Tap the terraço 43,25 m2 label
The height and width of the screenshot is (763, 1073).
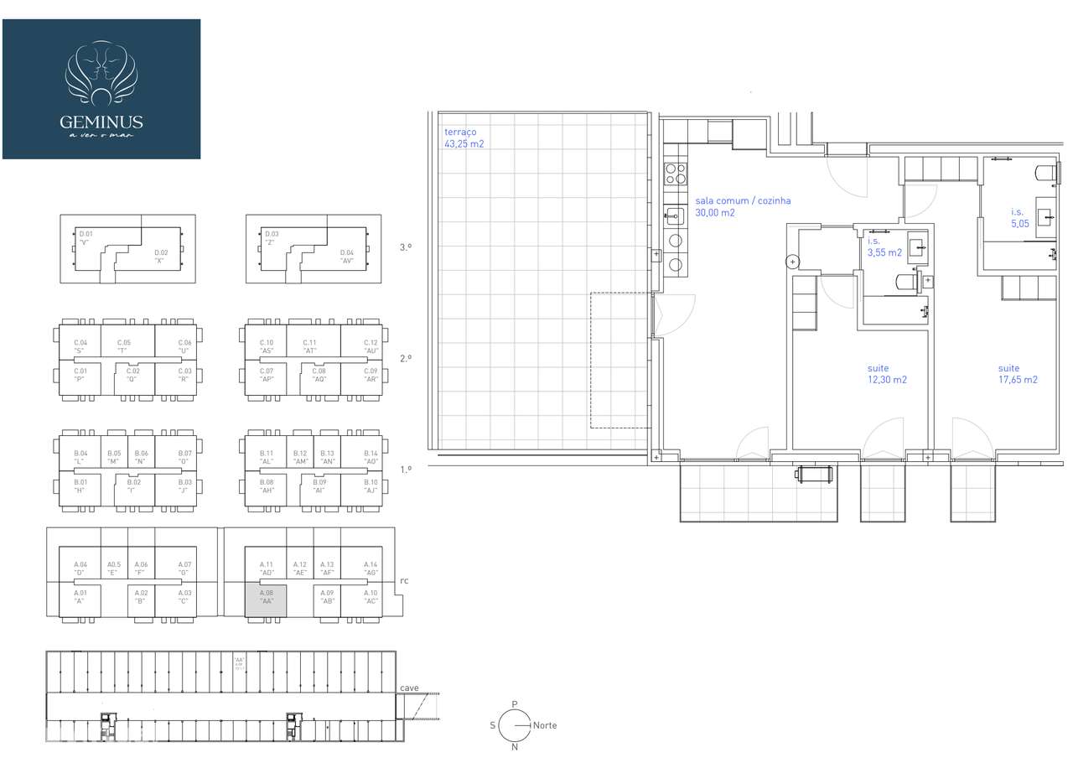[464, 138]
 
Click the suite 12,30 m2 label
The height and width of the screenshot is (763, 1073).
[887, 374]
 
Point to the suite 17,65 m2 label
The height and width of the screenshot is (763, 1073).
[1018, 374]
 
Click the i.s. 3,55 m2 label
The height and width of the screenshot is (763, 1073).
[884, 247]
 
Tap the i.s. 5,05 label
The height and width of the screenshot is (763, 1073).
[1019, 218]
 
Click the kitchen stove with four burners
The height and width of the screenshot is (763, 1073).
[676, 174]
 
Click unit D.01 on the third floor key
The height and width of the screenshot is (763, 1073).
[85, 238]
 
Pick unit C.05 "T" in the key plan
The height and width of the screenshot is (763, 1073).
[124, 346]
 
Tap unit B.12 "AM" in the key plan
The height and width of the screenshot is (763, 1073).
[300, 457]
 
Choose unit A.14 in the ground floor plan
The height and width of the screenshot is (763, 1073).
[371, 568]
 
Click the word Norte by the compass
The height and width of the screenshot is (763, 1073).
[545, 725]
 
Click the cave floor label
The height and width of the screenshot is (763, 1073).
[409, 688]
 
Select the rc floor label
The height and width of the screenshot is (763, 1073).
[404, 580]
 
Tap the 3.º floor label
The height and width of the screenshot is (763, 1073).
[407, 247]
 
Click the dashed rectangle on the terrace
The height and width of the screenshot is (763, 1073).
[621, 360]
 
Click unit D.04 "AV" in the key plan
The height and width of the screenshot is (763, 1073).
[346, 257]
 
